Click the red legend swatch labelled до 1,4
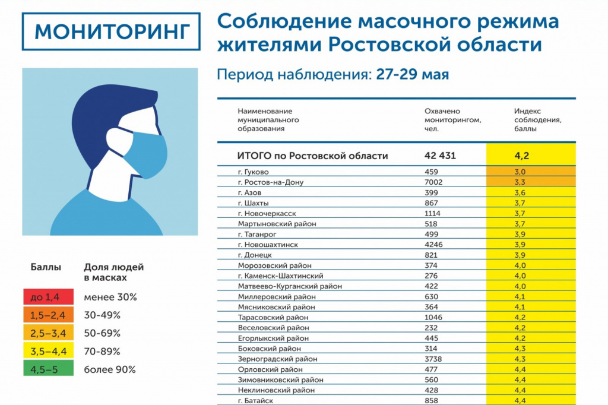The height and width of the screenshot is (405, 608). (48, 297)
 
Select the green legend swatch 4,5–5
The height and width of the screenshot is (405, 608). (48, 369)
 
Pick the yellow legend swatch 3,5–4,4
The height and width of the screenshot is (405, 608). (48, 351)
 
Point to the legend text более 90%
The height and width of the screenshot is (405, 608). (110, 369)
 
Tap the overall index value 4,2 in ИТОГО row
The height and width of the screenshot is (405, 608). (522, 156)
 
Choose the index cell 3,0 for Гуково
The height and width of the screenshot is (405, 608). (521, 172)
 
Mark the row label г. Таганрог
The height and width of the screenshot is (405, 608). (259, 235)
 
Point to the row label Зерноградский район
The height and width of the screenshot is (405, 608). (277, 359)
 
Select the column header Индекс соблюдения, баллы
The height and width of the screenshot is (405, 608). (537, 119)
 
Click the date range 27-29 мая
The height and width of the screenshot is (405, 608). (412, 75)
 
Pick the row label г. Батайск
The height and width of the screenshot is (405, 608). (256, 401)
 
